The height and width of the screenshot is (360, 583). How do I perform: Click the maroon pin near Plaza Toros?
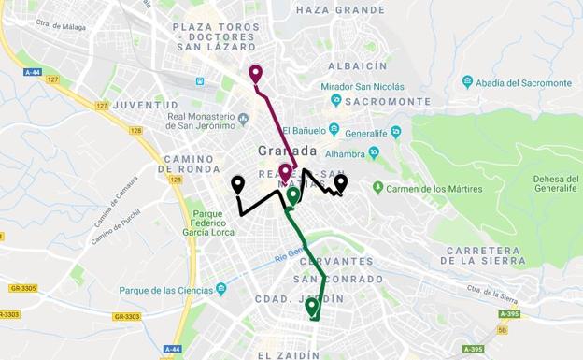tap(255, 74)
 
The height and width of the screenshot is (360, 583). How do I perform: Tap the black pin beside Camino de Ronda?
tap(238, 184)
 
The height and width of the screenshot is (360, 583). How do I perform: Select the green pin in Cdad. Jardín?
tap(311, 306)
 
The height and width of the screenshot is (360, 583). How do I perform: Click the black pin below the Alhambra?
tap(341, 181)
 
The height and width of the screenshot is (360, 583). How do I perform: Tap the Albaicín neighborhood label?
tap(357, 66)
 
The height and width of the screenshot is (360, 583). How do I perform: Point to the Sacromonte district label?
tap(388, 101)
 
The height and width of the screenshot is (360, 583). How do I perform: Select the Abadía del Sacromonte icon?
tap(467, 82)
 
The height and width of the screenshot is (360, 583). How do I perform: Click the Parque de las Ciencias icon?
tap(221, 289)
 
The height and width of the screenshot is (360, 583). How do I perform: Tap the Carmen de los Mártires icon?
tap(377, 188)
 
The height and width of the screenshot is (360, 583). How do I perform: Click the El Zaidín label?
tap(288, 355)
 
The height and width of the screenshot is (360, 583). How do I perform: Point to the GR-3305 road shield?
tap(22, 288)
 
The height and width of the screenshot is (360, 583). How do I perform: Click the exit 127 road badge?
tap(52, 80)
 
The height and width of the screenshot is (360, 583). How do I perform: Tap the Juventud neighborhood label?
tap(145, 105)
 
